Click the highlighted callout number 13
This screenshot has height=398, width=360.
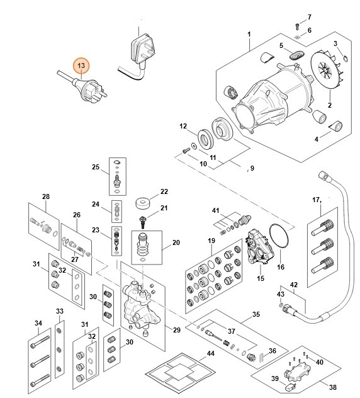point(82,66)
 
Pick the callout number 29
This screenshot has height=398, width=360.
point(176,330)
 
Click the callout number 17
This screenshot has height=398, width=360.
point(317,200)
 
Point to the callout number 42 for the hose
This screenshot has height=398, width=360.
point(293,285)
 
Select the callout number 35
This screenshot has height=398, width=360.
point(256,314)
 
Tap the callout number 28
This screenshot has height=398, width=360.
point(45,197)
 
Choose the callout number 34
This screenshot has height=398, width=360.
point(38,324)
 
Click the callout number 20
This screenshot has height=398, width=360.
point(176,242)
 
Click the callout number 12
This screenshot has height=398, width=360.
point(183,127)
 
